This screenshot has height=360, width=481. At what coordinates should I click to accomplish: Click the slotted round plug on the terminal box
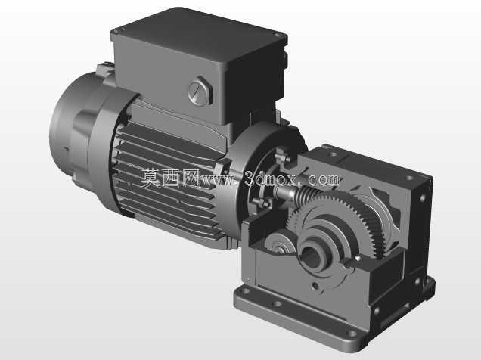(x=200, y=92)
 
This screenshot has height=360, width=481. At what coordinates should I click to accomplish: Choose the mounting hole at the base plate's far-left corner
(x=245, y=290)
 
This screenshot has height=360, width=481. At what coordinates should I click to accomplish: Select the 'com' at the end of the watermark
(x=324, y=180)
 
